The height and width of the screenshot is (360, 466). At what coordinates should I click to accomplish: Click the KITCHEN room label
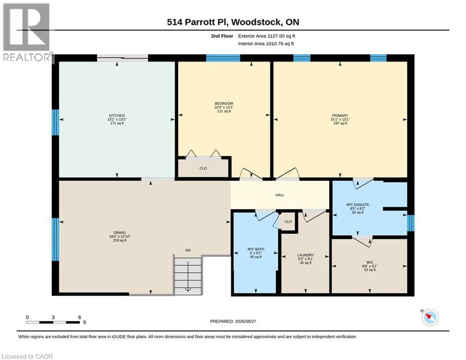point(117,115)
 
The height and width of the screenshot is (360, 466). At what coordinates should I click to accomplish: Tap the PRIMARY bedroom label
point(340,115)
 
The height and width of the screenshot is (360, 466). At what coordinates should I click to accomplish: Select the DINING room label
point(119,232)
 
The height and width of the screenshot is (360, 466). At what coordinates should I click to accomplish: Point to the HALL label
point(280,195)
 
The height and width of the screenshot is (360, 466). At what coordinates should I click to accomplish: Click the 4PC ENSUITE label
point(357,205)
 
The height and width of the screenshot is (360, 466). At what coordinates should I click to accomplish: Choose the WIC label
point(370,262)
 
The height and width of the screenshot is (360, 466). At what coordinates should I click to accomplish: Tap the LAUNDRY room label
point(305,255)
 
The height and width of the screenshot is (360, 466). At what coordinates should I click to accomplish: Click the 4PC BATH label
point(256,249)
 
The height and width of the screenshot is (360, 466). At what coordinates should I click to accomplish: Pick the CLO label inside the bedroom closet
point(203,168)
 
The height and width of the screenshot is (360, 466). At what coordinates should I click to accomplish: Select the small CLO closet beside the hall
point(288,222)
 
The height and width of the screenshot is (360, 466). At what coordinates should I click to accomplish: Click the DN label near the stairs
point(188,250)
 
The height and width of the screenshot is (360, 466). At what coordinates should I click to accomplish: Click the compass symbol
point(430,317)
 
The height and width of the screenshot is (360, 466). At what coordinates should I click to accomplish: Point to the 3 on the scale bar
point(53,317)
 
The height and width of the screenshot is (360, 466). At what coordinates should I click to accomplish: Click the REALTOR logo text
point(27,57)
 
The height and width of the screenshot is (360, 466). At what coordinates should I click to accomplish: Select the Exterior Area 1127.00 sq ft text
point(266,36)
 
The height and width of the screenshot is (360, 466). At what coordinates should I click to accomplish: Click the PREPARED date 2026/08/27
point(245,321)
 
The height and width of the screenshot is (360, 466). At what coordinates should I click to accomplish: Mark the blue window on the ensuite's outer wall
point(410,223)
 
